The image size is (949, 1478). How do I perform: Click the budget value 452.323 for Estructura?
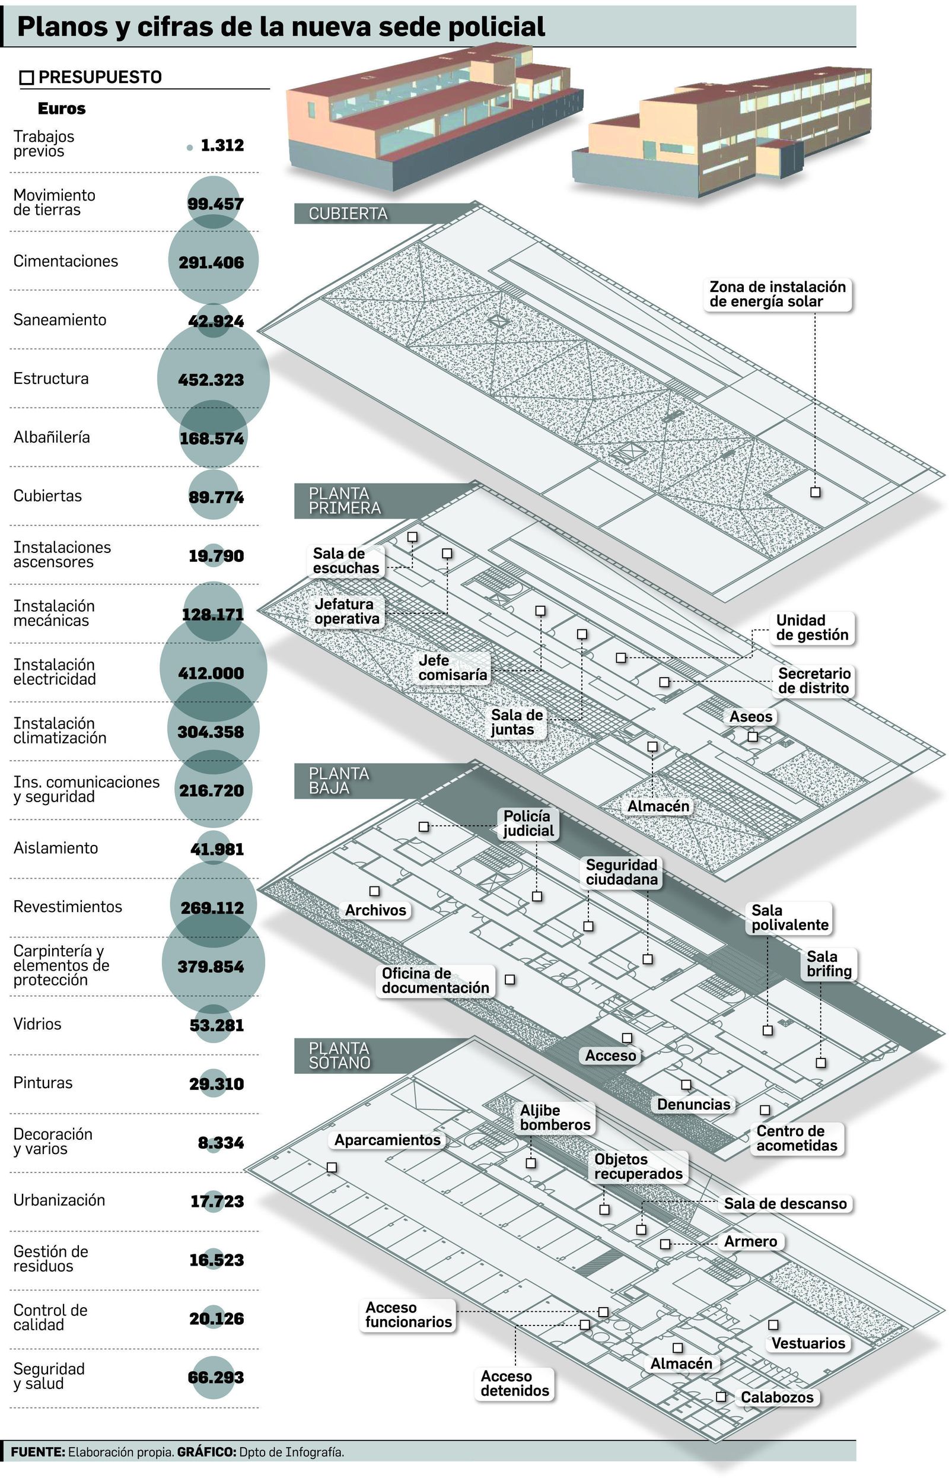point(211,380)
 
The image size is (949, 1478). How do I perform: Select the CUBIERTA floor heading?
point(348,213)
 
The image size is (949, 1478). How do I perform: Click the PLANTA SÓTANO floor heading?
point(339,1055)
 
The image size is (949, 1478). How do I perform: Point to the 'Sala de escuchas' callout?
point(346,560)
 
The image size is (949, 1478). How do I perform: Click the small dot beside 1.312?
point(190,148)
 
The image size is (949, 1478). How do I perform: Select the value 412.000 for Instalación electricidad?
point(211,673)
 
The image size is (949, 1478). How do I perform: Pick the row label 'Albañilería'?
point(52,437)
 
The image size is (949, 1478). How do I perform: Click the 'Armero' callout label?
point(750,1241)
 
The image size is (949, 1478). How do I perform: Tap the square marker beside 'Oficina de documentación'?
point(509,980)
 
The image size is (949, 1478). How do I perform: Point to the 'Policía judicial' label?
point(528,824)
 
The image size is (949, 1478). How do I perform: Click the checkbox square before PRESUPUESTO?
point(27,78)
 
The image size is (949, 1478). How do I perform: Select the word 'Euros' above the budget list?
point(62,109)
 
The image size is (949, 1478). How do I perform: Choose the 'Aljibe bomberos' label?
point(555,1117)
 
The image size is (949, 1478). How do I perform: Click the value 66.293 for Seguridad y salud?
point(216,1377)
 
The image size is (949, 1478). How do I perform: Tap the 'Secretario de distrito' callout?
point(813,681)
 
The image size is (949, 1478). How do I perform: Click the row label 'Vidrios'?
point(37,1024)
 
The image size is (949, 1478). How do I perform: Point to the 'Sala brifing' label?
point(829,964)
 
